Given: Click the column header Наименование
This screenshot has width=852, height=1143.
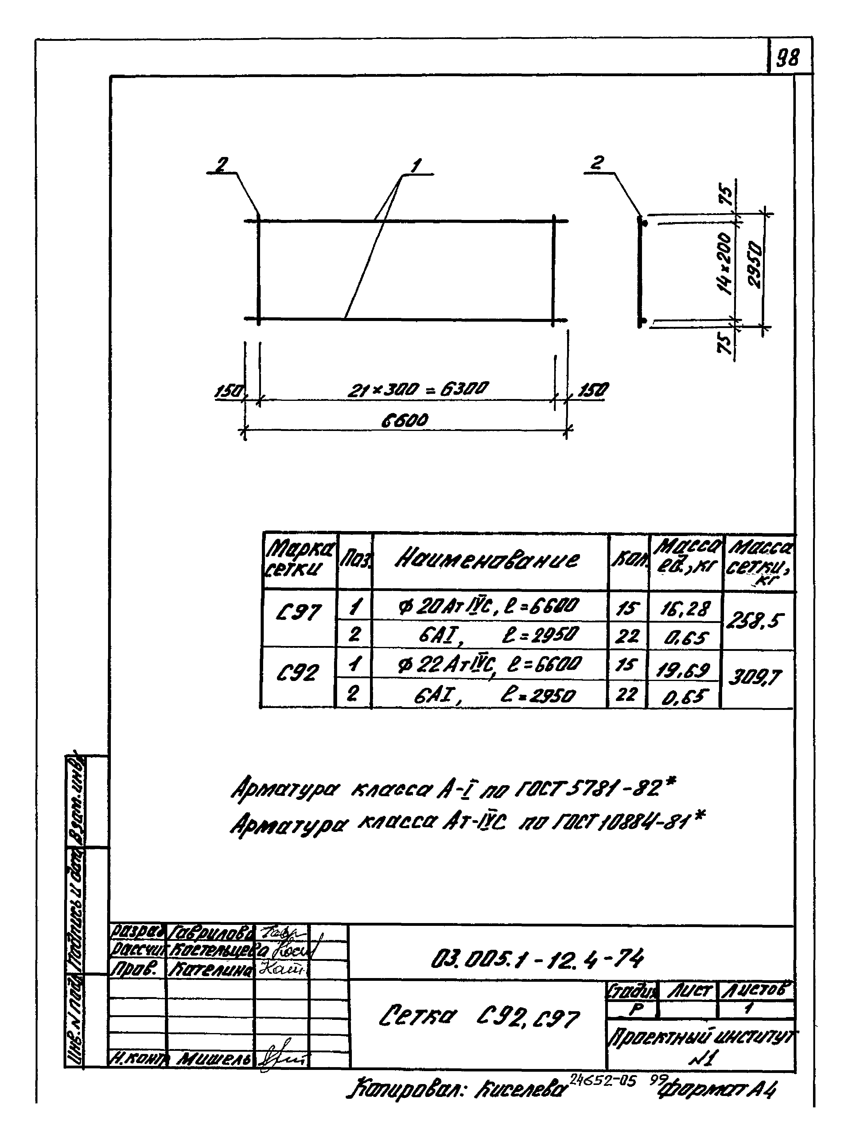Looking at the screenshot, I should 487,560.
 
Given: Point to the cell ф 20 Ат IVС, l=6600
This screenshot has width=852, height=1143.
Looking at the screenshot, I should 487,605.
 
